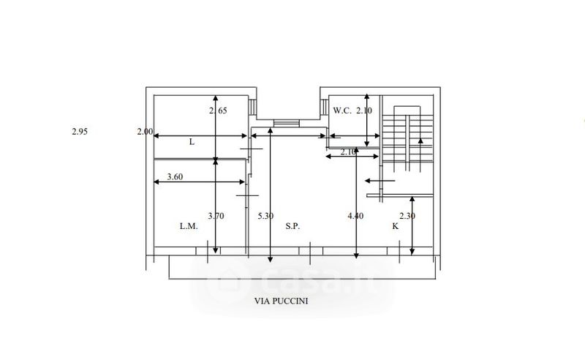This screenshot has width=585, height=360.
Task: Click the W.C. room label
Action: point(342,110)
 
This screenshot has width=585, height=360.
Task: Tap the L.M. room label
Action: point(189,226)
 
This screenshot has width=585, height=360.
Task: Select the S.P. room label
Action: point(292,226)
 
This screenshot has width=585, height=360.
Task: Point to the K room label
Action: point(395,226)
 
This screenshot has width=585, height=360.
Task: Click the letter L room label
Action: point(192,142)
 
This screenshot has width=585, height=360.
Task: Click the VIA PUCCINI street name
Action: point(282,301)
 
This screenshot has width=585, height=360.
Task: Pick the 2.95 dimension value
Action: point(80,132)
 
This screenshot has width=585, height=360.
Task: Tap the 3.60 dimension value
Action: point(175,176)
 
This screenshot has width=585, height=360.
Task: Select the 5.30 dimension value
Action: point(265,216)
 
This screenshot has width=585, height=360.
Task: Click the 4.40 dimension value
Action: point(355,216)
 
